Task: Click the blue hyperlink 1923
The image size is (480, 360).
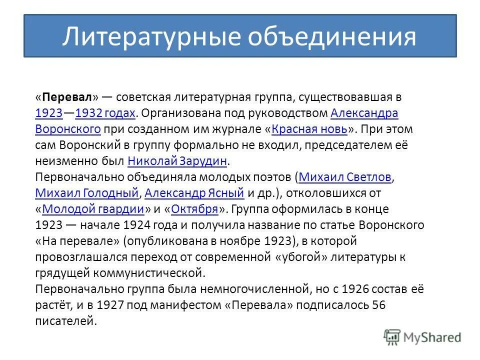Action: coord(48,113)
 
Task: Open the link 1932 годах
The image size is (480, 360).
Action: coord(105,113)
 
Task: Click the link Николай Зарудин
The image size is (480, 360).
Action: coord(177,160)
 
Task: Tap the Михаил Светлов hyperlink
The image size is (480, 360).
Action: coord(345,176)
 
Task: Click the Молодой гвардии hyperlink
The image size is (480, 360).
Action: coord(93,208)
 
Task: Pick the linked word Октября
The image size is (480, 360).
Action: coord(194,208)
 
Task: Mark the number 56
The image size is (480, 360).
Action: coord(379,304)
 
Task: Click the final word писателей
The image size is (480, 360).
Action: coord(65,320)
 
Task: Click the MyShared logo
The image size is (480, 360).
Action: coord(422,337)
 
